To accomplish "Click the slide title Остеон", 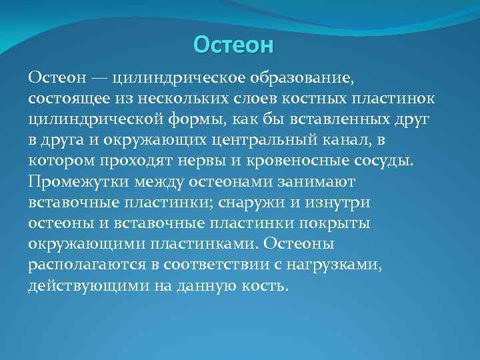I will coord(233,45).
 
